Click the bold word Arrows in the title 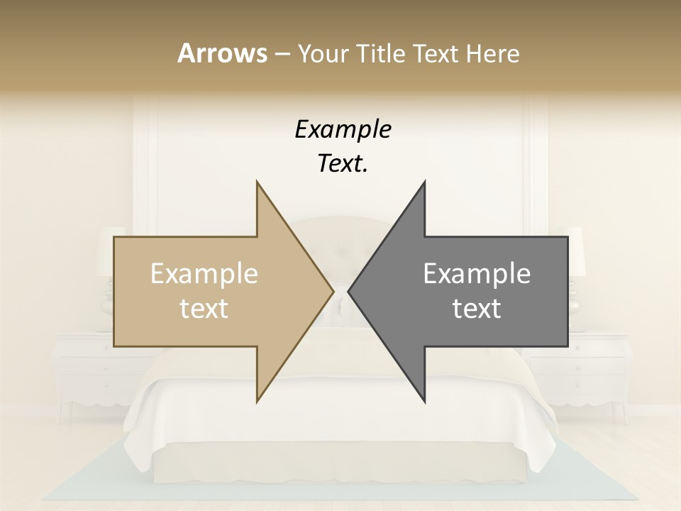[221, 53]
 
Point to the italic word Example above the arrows [343, 130]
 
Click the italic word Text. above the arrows [343, 163]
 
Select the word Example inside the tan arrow [204, 274]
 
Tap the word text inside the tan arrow [204, 309]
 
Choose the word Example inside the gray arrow [477, 274]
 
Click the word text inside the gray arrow [477, 309]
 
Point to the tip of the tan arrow [332, 291]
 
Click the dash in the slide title [282, 54]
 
